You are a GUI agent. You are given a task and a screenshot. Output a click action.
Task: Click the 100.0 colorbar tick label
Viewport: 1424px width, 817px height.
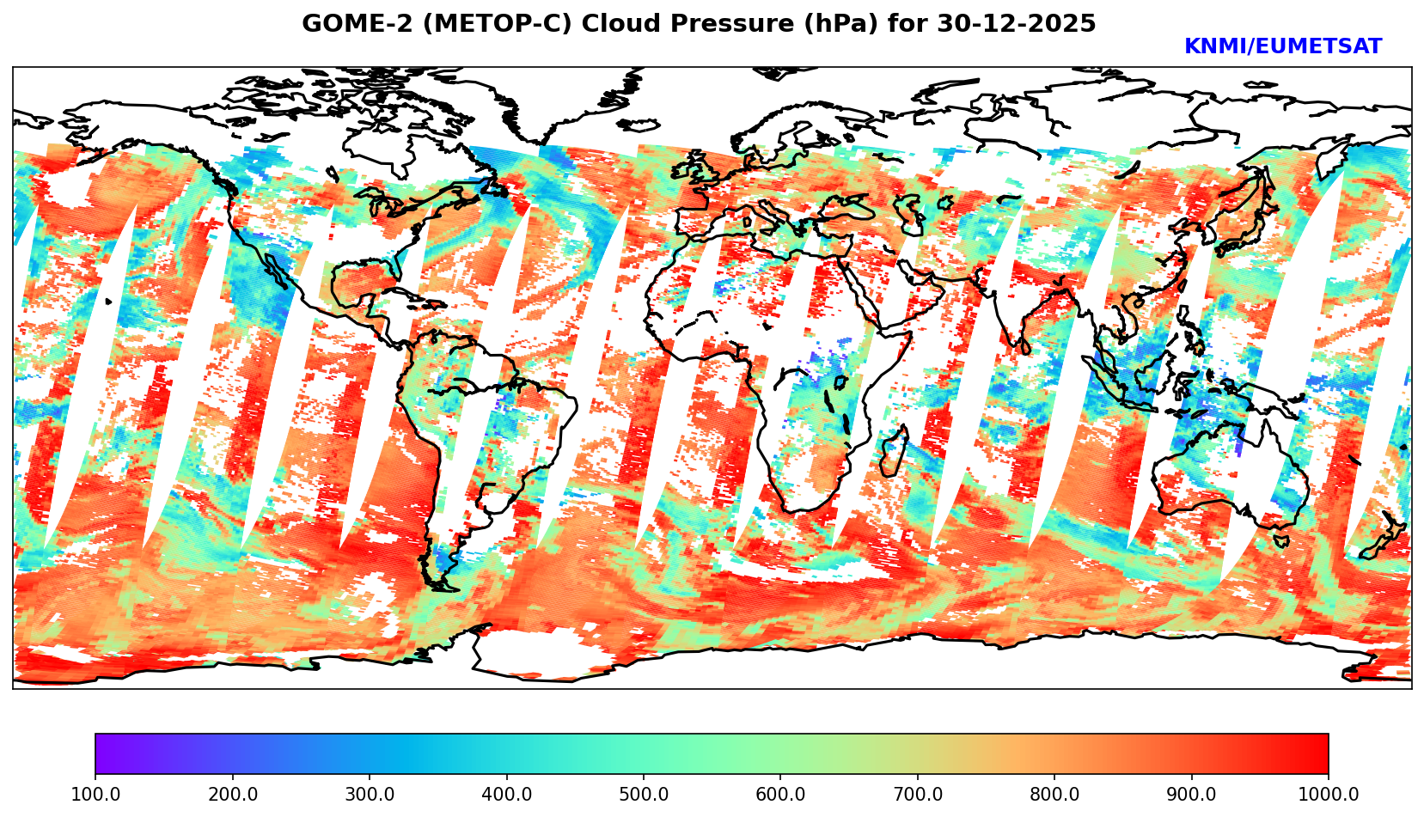pos(95,795)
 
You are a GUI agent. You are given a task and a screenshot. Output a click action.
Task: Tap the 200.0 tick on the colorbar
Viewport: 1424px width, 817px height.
pos(232,795)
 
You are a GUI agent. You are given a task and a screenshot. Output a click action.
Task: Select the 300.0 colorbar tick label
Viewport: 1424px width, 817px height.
pos(370,795)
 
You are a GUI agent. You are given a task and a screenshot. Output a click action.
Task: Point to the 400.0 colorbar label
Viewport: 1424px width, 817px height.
pos(506,795)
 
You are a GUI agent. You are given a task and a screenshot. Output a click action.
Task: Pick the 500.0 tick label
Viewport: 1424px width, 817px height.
pos(644,795)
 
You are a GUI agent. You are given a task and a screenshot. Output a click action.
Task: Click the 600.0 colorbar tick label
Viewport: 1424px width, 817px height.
pos(780,795)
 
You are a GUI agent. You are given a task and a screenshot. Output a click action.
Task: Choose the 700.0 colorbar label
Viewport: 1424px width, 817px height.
pos(918,795)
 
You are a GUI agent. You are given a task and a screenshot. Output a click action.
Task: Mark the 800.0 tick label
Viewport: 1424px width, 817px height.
pos(1054,795)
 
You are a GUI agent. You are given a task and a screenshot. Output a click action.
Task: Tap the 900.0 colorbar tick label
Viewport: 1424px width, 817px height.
pos(1192,795)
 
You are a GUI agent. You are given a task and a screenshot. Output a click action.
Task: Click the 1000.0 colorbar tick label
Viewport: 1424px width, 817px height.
pos(1329,795)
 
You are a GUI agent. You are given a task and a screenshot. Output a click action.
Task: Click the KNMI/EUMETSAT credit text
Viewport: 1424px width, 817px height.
pos(1282,47)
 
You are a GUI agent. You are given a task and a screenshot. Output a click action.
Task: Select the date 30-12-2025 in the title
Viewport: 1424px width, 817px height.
pos(1017,24)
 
